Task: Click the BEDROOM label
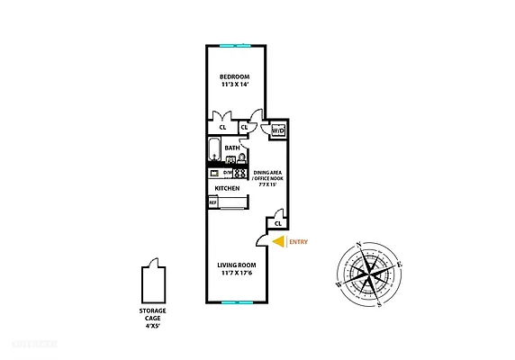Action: click(235, 76)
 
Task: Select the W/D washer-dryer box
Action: click(278, 131)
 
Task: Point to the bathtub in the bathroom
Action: click(214, 148)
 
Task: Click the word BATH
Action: click(232, 148)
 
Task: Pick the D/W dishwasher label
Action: click(228, 173)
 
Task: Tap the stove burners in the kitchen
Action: click(240, 173)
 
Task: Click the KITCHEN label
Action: click(227, 188)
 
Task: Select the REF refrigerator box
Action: click(213, 203)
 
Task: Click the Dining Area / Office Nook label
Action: click(269, 176)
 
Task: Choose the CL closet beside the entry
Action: click(278, 223)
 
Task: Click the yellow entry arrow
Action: click(278, 241)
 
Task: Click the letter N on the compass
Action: click(359, 245)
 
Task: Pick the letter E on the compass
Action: click(399, 264)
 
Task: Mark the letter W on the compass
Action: click(339, 283)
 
